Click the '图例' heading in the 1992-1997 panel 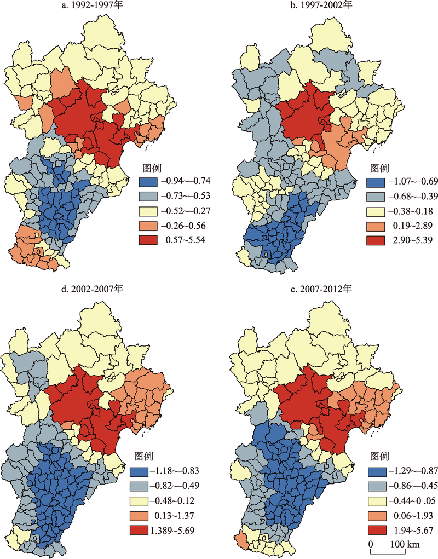pos(150,168)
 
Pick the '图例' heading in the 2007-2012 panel pos(381,456)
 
